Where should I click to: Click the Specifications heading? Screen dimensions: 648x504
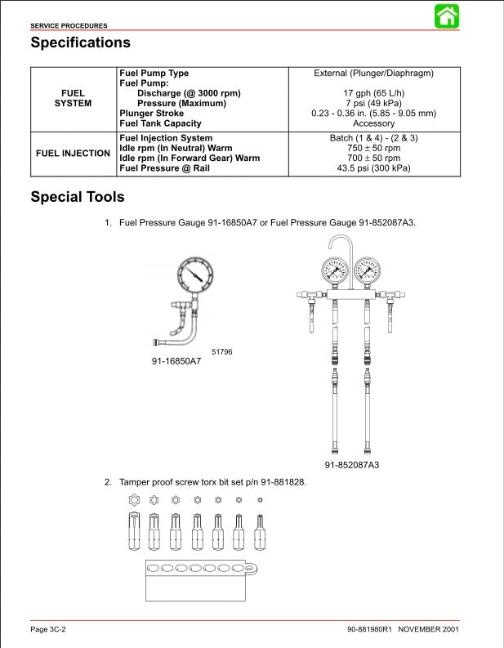point(80,42)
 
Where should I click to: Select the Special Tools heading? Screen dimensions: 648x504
point(78,197)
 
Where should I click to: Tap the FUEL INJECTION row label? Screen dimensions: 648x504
point(74,154)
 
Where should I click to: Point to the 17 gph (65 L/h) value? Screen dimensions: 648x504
point(374,93)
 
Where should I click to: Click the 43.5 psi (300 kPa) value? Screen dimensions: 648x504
point(374,168)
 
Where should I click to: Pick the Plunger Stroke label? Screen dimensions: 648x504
point(152,114)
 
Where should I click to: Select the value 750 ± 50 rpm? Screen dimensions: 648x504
point(374,149)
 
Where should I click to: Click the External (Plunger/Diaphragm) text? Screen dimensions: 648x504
point(374,74)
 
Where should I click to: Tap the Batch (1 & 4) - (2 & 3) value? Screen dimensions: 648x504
point(374,139)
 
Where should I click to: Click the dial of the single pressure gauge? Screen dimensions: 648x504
point(193,279)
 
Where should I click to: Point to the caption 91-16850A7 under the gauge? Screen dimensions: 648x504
point(176,360)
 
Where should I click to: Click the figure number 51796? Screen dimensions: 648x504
point(222,351)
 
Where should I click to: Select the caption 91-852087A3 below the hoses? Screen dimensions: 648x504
point(352,465)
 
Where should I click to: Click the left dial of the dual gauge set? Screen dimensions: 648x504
point(336,272)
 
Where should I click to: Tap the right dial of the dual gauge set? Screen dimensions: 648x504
point(367,272)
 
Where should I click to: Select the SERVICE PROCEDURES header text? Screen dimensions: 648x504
point(69,26)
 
